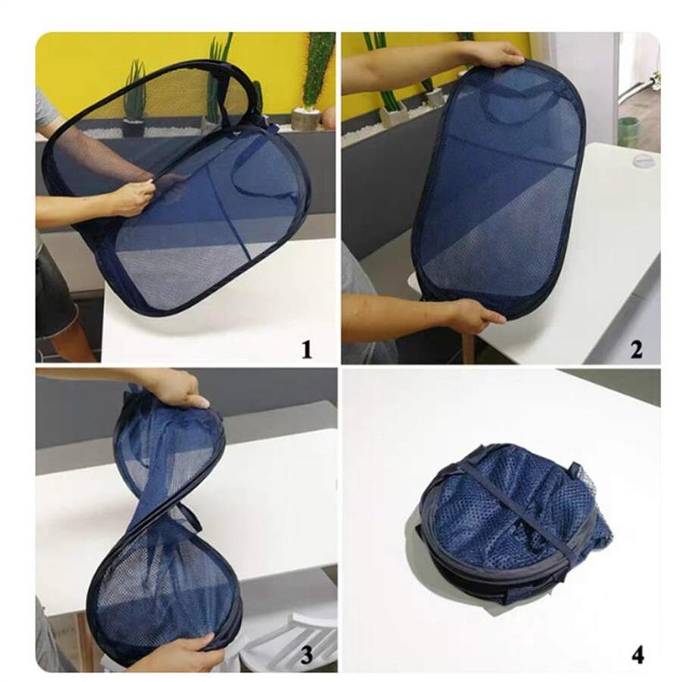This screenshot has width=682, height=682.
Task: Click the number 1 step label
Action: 306,351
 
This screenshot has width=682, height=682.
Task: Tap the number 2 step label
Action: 636,350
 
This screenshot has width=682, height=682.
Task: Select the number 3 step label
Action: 306,655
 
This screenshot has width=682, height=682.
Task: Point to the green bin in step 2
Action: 628,132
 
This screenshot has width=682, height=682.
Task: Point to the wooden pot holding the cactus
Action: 306,119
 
